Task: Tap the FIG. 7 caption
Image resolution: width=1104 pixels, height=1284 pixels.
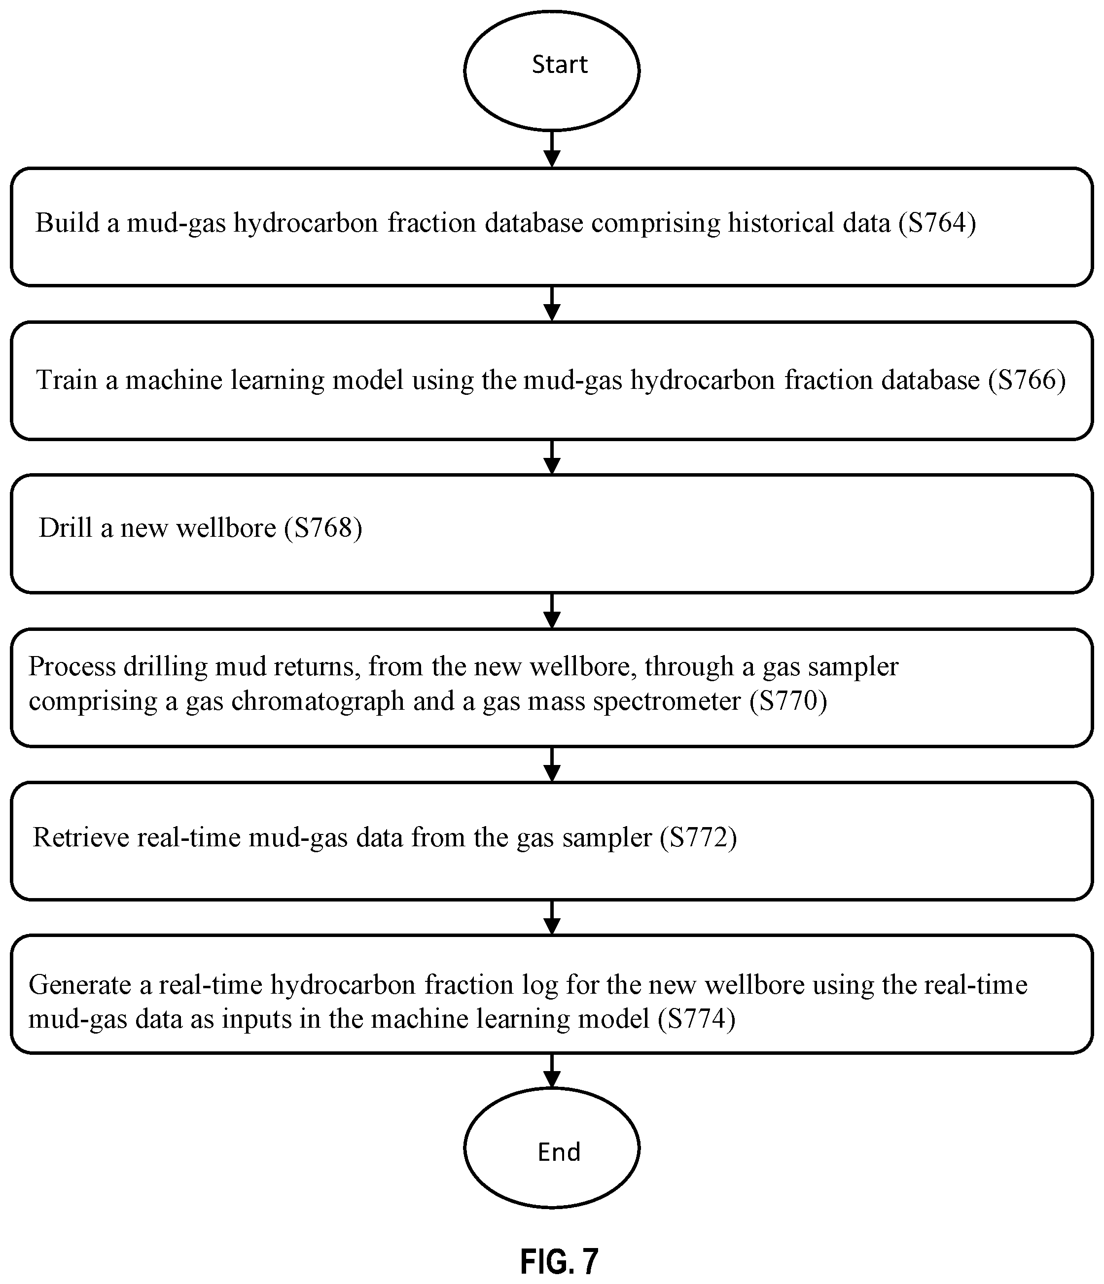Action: (x=559, y=1261)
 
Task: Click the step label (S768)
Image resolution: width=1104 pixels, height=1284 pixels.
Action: (x=323, y=527)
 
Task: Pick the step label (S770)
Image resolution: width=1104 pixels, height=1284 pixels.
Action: (x=788, y=700)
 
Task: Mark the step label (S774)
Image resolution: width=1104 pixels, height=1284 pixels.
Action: (x=697, y=1018)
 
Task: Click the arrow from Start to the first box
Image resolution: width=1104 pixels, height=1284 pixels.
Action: (x=551, y=149)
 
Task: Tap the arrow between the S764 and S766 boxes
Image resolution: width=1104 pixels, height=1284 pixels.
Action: (x=551, y=304)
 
